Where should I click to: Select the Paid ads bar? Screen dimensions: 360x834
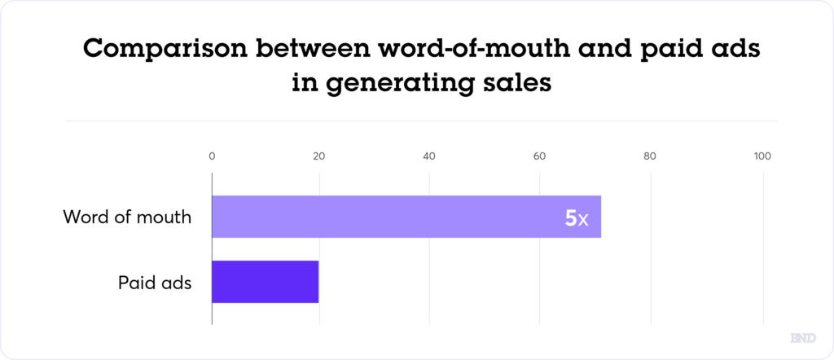(265, 282)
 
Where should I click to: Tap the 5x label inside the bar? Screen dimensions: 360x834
(576, 217)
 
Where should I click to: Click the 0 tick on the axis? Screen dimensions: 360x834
(212, 156)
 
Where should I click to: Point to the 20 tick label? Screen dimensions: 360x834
(319, 156)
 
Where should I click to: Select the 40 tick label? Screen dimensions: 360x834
(429, 156)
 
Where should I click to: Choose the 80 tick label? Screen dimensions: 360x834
(649, 156)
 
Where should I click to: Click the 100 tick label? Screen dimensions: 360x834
(762, 156)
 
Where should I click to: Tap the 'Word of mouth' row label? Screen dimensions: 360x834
(127, 217)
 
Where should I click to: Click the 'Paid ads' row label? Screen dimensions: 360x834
(154, 283)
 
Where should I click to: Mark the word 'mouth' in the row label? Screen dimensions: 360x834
(165, 217)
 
